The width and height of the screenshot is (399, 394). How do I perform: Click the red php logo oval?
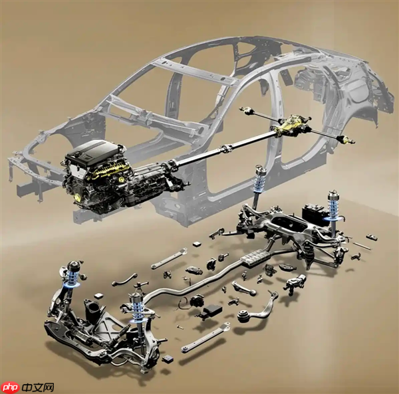(10, 387)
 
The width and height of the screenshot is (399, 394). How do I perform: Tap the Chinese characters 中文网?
(37, 387)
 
